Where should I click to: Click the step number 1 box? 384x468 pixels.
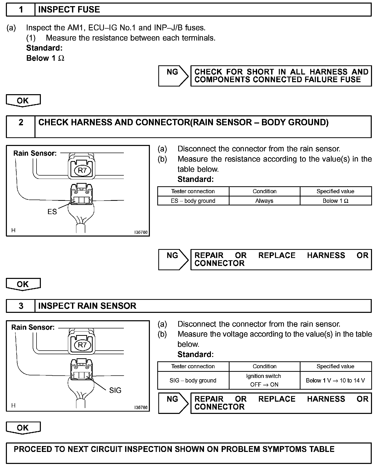pyautogui.click(x=21, y=10)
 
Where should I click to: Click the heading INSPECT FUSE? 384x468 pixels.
pyautogui.click(x=69, y=10)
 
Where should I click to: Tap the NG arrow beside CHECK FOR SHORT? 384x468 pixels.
pyautogui.click(x=173, y=76)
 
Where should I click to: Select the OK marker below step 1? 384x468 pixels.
pyautogui.click(x=23, y=100)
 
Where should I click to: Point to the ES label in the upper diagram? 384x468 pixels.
pyautogui.click(x=52, y=212)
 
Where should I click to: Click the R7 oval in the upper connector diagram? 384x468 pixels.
pyautogui.click(x=82, y=170)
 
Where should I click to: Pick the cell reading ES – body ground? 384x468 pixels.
pyautogui.click(x=193, y=201)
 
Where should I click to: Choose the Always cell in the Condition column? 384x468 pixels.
pyautogui.click(x=264, y=201)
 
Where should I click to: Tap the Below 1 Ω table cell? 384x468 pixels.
pyautogui.click(x=335, y=201)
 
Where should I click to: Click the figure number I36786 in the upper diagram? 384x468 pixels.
pyautogui.click(x=141, y=232)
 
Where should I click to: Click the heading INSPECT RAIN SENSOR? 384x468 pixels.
pyautogui.click(x=87, y=306)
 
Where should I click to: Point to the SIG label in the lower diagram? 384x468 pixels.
pyautogui.click(x=115, y=390)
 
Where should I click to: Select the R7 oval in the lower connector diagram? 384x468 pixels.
pyautogui.click(x=82, y=345)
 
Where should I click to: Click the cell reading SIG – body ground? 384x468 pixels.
pyautogui.click(x=193, y=380)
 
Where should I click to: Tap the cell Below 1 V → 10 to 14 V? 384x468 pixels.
pyautogui.click(x=335, y=380)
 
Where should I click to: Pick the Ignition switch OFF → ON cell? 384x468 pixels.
pyautogui.click(x=264, y=380)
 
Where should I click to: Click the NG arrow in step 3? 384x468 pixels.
pyautogui.click(x=173, y=403)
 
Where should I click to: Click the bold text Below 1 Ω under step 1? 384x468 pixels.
pyautogui.click(x=45, y=58)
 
